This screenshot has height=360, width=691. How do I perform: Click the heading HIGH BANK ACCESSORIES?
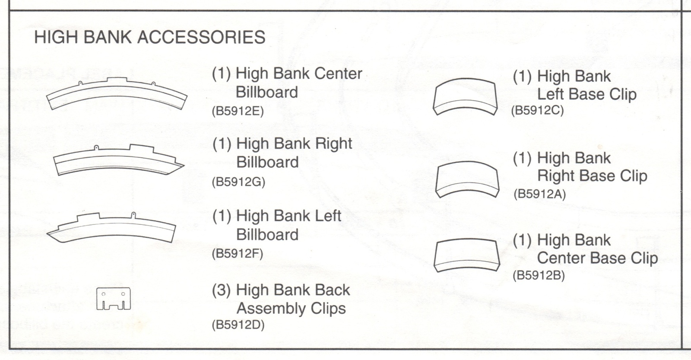(149, 37)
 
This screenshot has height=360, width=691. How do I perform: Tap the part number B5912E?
(238, 111)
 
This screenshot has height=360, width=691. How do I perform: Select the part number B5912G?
(238, 182)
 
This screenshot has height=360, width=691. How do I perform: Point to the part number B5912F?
(238, 253)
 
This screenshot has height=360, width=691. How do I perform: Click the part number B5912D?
(238, 325)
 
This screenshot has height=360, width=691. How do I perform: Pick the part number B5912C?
(538, 111)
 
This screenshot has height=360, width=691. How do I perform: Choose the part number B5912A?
(539, 194)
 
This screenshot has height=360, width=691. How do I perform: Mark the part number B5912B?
(539, 275)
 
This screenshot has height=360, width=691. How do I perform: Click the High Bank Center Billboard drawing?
(117, 95)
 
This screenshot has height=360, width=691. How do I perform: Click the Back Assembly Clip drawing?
(113, 299)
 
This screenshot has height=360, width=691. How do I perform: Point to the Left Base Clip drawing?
(465, 97)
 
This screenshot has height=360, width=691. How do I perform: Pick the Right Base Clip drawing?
(467, 179)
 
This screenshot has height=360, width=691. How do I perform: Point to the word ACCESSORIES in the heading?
(201, 37)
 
